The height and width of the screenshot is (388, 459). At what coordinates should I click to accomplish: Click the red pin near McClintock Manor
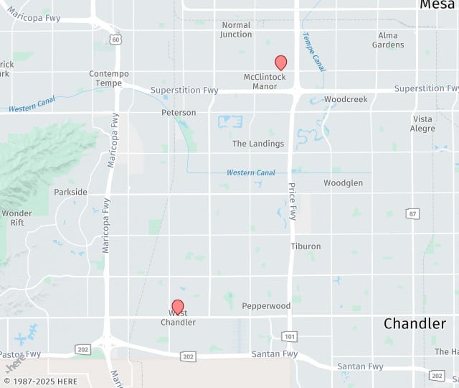[281, 63]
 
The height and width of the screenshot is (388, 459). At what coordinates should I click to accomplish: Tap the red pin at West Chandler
[178, 308]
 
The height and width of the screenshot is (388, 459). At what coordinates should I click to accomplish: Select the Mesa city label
[437, 5]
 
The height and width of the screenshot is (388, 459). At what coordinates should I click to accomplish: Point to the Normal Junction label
[236, 29]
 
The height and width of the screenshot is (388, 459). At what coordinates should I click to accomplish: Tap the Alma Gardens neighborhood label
[388, 40]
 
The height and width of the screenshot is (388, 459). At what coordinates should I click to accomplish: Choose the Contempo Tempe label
[109, 78]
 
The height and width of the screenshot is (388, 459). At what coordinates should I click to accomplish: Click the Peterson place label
[179, 113]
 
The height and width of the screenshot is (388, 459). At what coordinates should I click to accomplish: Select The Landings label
[258, 144]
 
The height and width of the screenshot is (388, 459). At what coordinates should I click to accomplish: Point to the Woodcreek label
[346, 99]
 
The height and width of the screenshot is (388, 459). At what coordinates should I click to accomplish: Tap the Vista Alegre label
[423, 124]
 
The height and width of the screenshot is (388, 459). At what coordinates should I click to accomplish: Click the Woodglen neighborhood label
[343, 183]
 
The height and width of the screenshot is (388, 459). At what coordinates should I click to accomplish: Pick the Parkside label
[71, 192]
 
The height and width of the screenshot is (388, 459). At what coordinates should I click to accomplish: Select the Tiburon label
[306, 246]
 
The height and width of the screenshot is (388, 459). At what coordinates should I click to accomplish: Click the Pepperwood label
[266, 306]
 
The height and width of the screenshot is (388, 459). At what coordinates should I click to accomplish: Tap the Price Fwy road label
[292, 201]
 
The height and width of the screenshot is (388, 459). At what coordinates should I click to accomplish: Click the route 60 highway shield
[115, 40]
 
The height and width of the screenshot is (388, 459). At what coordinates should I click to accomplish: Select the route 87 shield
[412, 214]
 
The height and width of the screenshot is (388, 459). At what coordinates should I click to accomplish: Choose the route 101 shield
[289, 336]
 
